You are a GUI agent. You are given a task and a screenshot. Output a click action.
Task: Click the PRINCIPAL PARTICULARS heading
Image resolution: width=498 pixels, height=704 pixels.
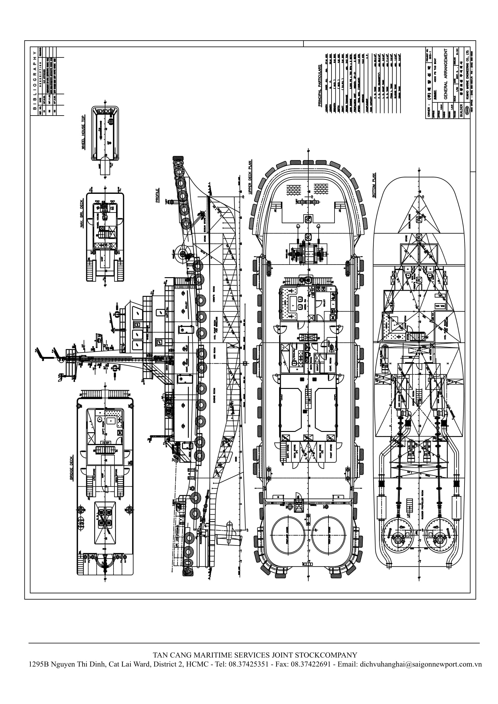click(x=320, y=85)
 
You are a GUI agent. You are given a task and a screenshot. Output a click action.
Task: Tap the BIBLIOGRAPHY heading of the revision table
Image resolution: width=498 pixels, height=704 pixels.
click(x=35, y=80)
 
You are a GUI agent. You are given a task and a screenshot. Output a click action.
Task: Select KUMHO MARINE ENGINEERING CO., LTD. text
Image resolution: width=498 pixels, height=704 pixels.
click(x=467, y=80)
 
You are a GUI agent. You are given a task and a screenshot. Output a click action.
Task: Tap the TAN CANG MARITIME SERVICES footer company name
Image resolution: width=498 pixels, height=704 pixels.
click(x=255, y=655)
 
